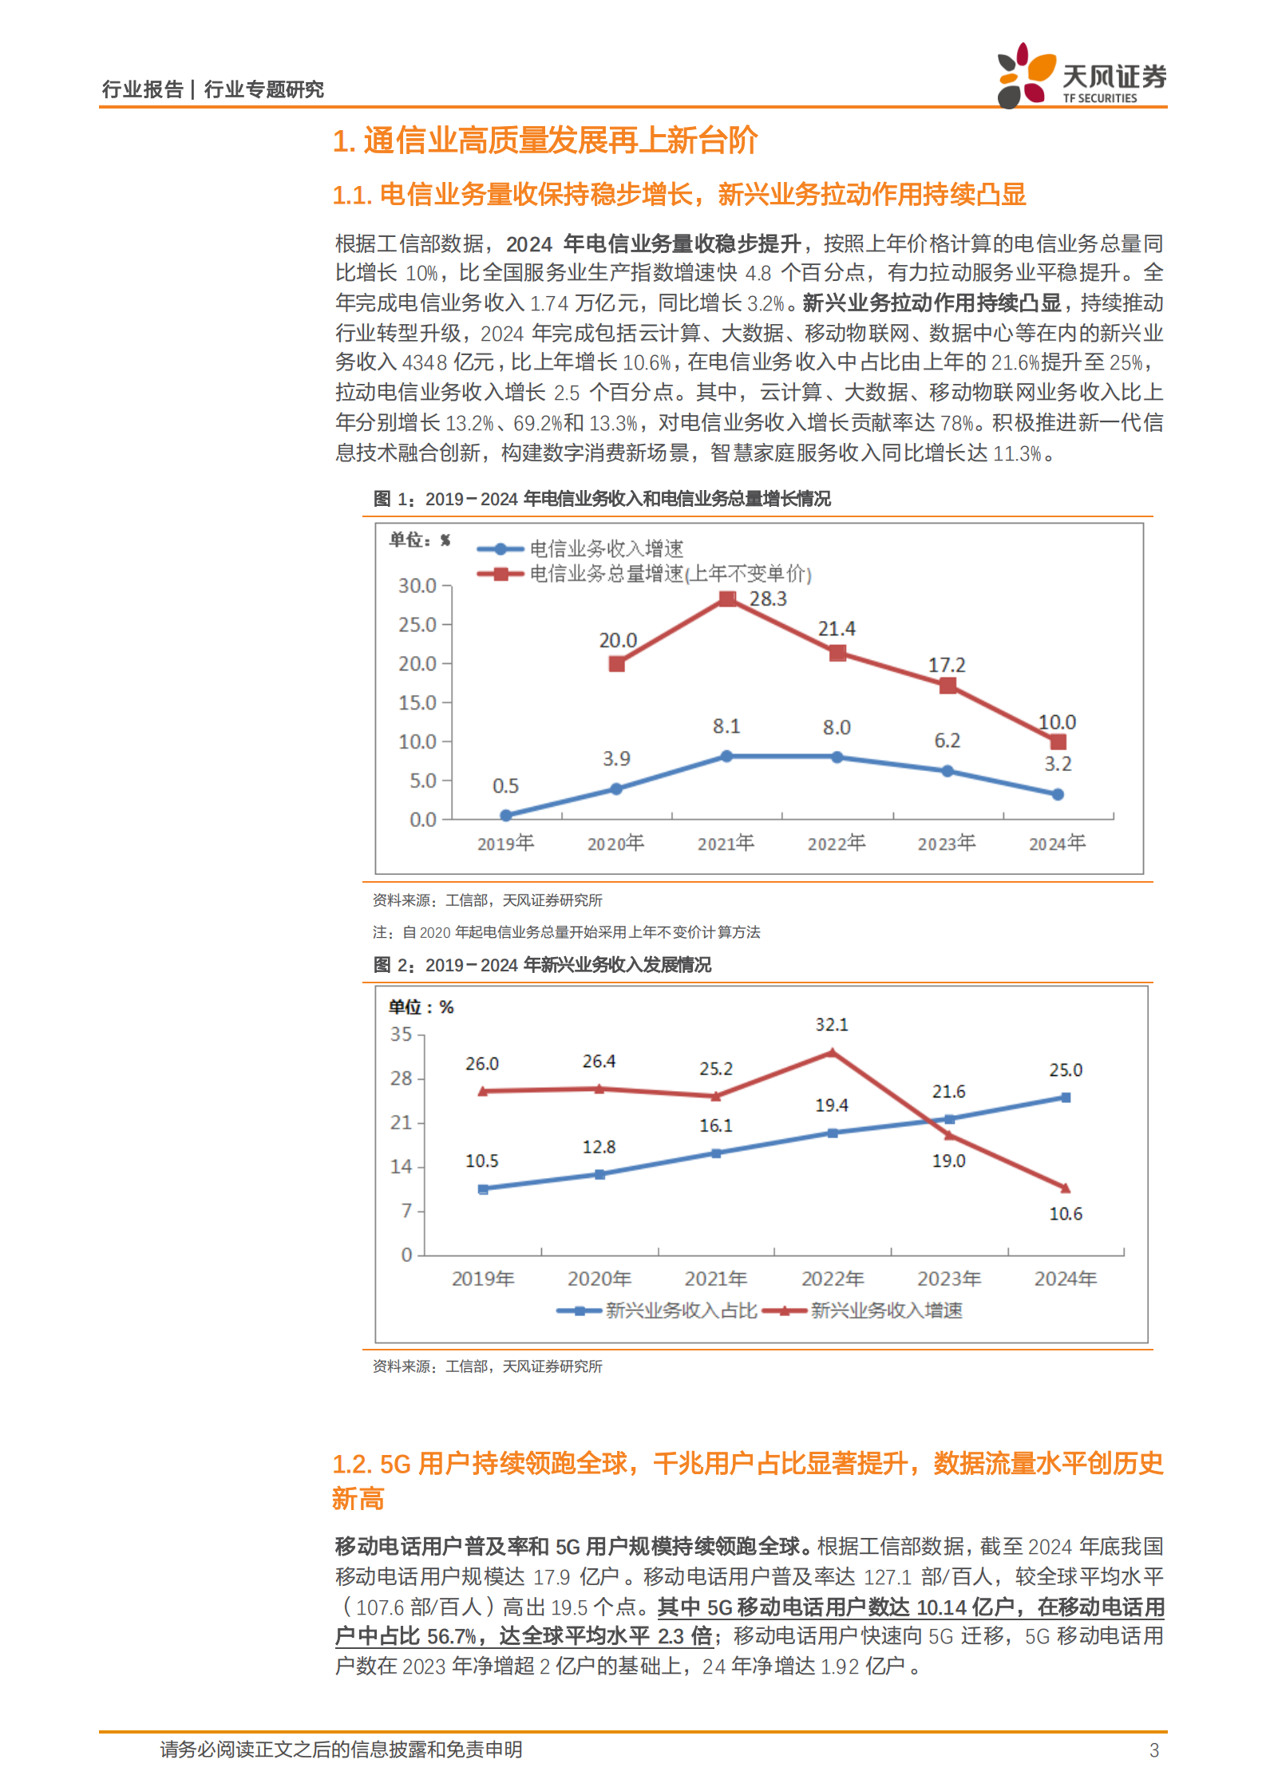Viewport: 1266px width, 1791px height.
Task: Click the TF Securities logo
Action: tap(1081, 76)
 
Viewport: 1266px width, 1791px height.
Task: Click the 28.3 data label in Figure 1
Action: tap(768, 599)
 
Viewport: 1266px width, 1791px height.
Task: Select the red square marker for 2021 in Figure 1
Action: tap(727, 599)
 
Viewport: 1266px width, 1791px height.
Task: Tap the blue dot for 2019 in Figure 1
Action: tap(506, 815)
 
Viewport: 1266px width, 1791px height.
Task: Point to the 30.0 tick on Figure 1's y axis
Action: tap(417, 586)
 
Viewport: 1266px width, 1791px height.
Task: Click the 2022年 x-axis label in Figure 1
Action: tap(836, 843)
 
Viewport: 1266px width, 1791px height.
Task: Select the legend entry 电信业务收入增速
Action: tap(607, 549)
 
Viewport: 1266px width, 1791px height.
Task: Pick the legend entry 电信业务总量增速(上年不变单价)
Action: tap(671, 574)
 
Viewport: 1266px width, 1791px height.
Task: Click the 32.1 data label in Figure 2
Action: tap(832, 1025)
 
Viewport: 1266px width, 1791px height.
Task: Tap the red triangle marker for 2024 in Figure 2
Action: tap(1065, 1188)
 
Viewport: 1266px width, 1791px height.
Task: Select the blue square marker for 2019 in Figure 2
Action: tap(483, 1189)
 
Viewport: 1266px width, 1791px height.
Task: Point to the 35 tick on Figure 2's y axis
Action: tap(402, 1034)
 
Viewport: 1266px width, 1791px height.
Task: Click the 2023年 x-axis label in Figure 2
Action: tap(948, 1279)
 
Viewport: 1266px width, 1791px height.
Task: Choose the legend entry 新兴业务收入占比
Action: tap(681, 1311)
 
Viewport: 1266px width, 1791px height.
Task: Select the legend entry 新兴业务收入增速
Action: tap(886, 1311)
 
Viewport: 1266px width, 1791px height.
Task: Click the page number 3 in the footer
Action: tap(1153, 1750)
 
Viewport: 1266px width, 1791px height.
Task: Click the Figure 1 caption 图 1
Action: tap(394, 499)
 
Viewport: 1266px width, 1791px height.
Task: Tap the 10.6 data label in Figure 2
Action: tap(1066, 1214)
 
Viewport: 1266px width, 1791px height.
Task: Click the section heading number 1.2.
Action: tap(352, 1464)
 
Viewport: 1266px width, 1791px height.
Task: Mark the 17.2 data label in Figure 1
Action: tap(947, 665)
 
